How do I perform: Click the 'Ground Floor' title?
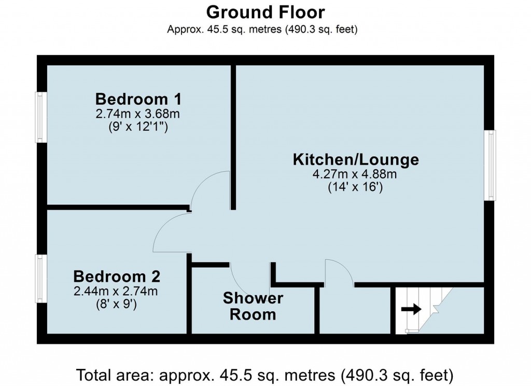coord(265,11)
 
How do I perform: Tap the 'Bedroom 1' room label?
coord(137,98)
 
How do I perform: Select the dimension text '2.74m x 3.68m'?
coord(137,113)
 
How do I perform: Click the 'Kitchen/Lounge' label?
coord(356,159)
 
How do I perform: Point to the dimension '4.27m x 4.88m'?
coord(355,174)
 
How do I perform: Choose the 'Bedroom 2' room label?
coord(116,276)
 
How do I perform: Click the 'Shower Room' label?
coord(253,306)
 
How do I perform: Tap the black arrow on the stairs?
coord(411,310)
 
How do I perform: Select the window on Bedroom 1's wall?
coord(39,117)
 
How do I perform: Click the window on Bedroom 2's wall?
coord(39,279)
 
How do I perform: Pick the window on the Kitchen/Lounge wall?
coord(490,165)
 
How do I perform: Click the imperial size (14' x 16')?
coord(355,188)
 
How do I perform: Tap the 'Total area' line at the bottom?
coord(265,374)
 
